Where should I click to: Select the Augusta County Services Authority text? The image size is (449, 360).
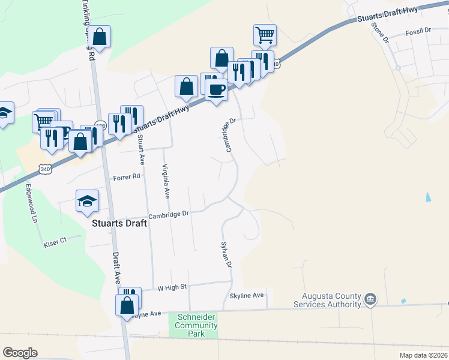point(327,301)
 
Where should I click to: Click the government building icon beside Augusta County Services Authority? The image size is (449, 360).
point(370,299)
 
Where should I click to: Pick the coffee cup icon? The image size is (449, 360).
point(216,90)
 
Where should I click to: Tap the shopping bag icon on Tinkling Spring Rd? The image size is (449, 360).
point(100,37)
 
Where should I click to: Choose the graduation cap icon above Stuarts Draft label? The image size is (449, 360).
point(88,200)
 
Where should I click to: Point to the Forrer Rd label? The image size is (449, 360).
point(127,177)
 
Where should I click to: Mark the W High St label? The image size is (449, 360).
point(173,287)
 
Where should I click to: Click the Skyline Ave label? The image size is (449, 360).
point(247,296)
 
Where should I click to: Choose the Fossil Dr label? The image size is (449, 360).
point(418,30)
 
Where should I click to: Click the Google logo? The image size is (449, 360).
point(20,353)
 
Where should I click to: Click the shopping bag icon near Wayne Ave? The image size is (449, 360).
point(128,305)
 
